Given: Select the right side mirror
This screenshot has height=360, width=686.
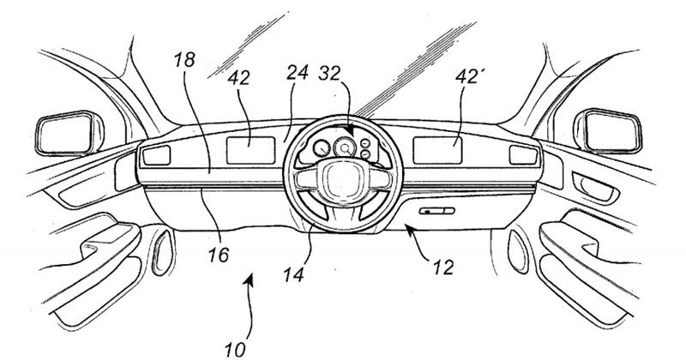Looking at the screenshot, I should click(615, 132).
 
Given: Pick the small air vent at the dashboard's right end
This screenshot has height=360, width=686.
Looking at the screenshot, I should click(521, 154).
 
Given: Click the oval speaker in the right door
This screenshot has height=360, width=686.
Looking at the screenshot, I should click(524, 243).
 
